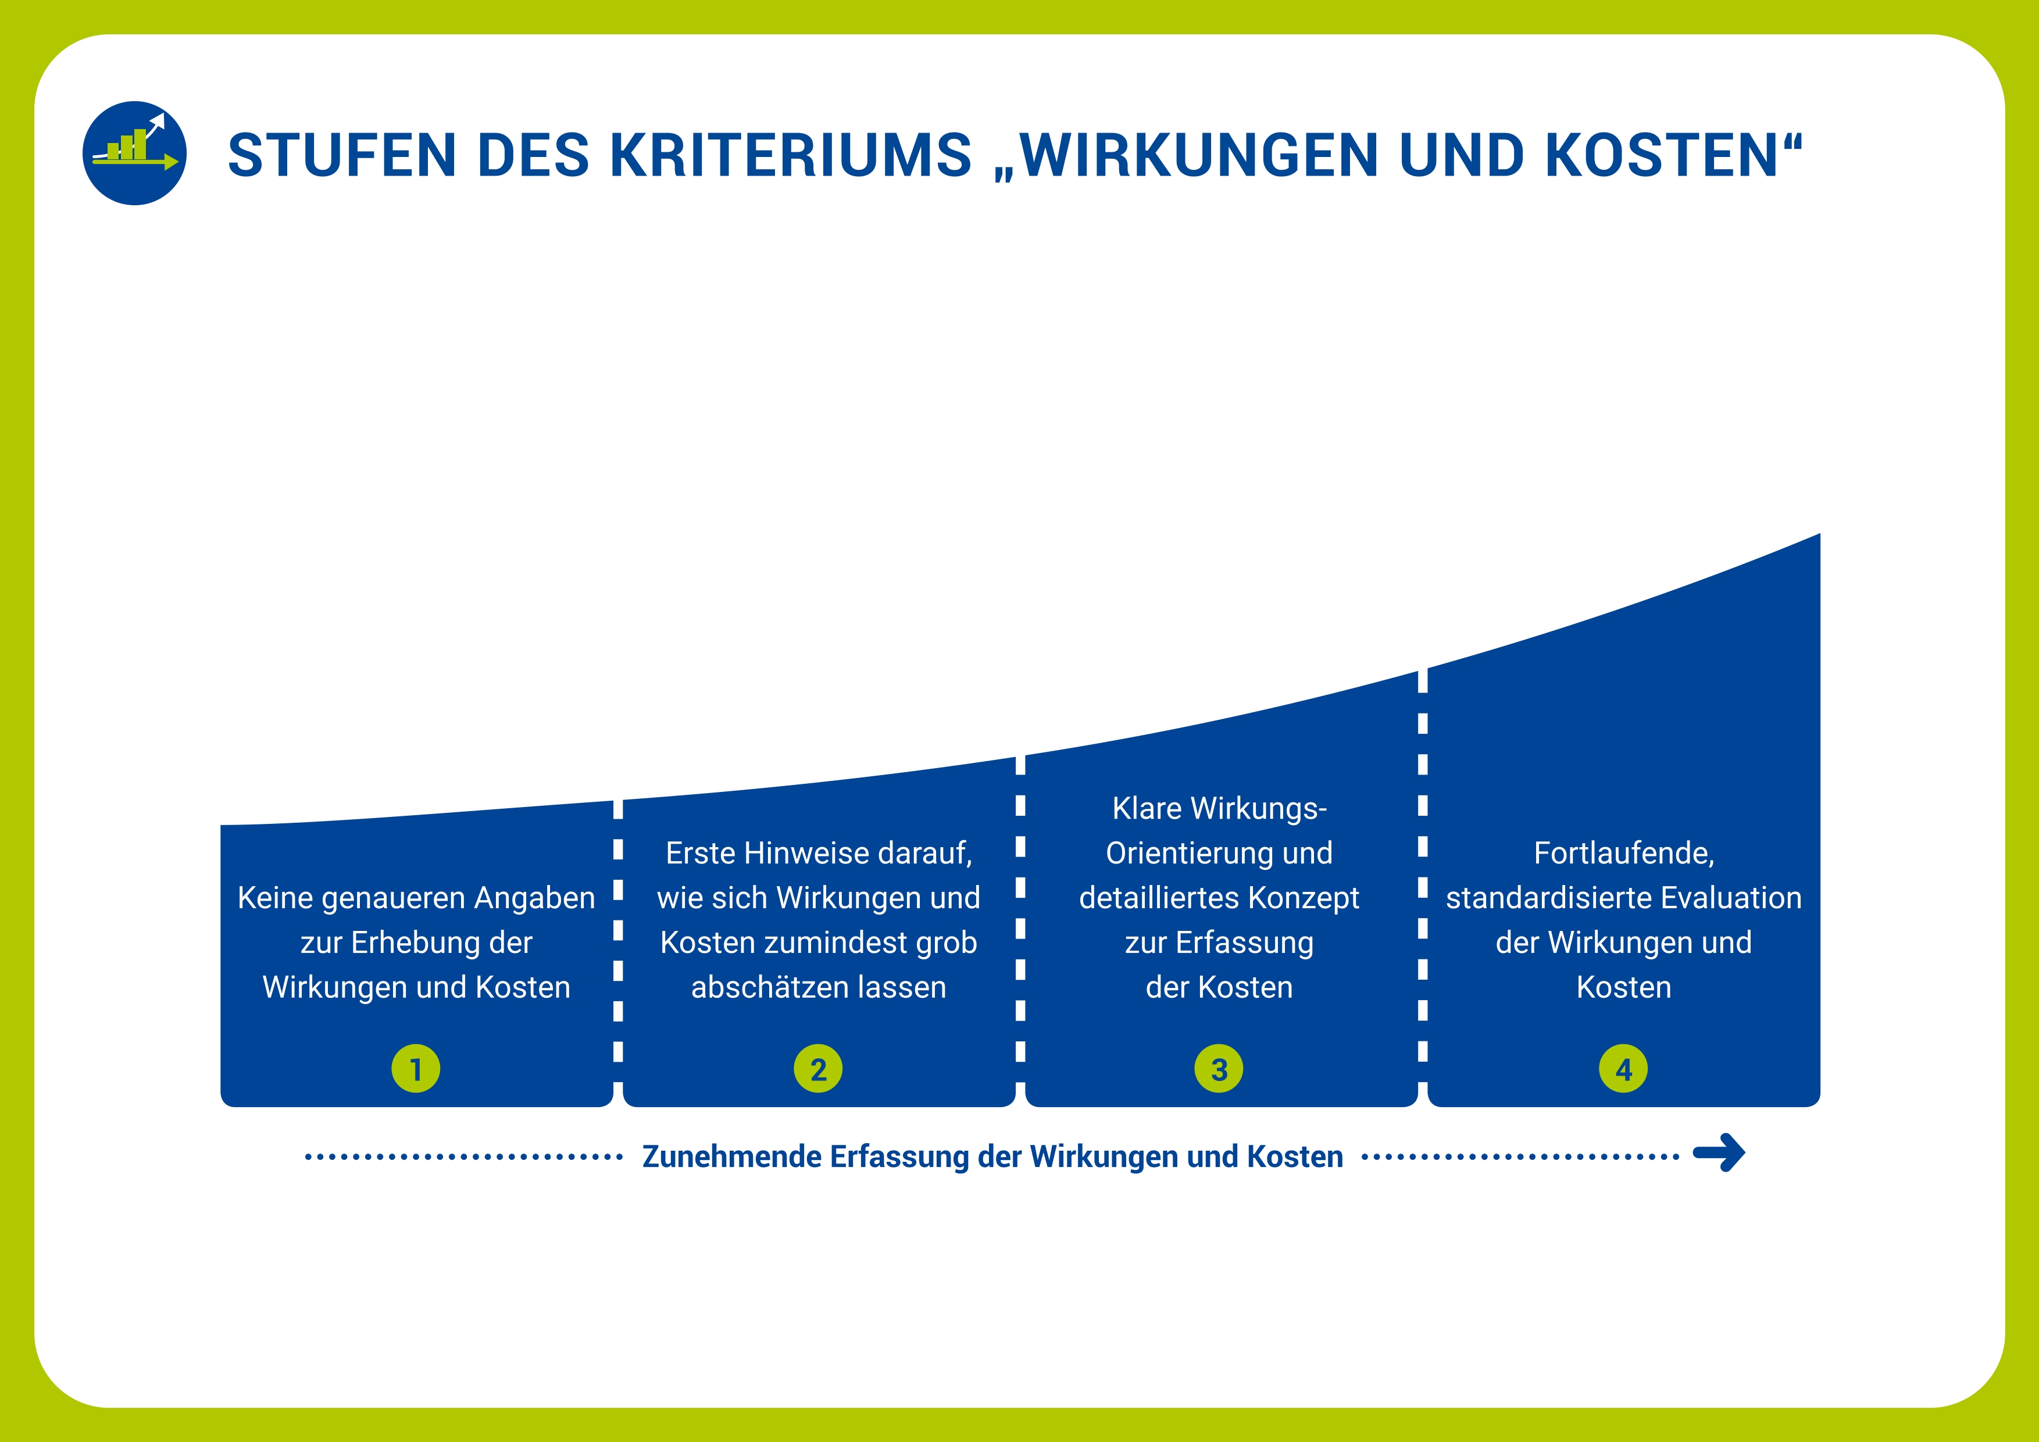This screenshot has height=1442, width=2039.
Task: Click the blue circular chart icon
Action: [x=134, y=153]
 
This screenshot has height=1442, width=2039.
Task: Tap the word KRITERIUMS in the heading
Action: [x=790, y=155]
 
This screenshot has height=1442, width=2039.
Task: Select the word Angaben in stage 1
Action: [x=534, y=898]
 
